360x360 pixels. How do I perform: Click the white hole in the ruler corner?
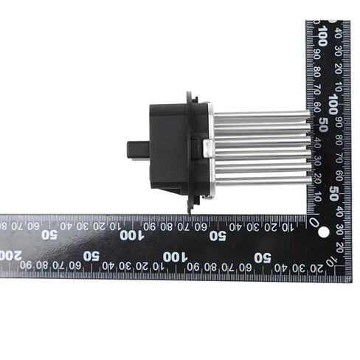pyautogui.click(x=323, y=232)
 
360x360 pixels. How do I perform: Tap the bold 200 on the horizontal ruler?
pyautogui.click(x=10, y=256)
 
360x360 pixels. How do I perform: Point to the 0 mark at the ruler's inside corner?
pyautogui.click(x=314, y=222)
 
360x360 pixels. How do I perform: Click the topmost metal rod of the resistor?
pyautogui.click(x=262, y=114)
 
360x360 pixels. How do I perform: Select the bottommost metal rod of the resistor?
pyautogui.click(x=263, y=181)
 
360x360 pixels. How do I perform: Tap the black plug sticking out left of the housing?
pyautogui.click(x=138, y=150)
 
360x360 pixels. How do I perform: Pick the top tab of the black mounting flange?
pyautogui.click(x=189, y=98)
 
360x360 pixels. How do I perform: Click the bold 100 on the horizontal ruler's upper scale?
pyautogui.click(x=132, y=235)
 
